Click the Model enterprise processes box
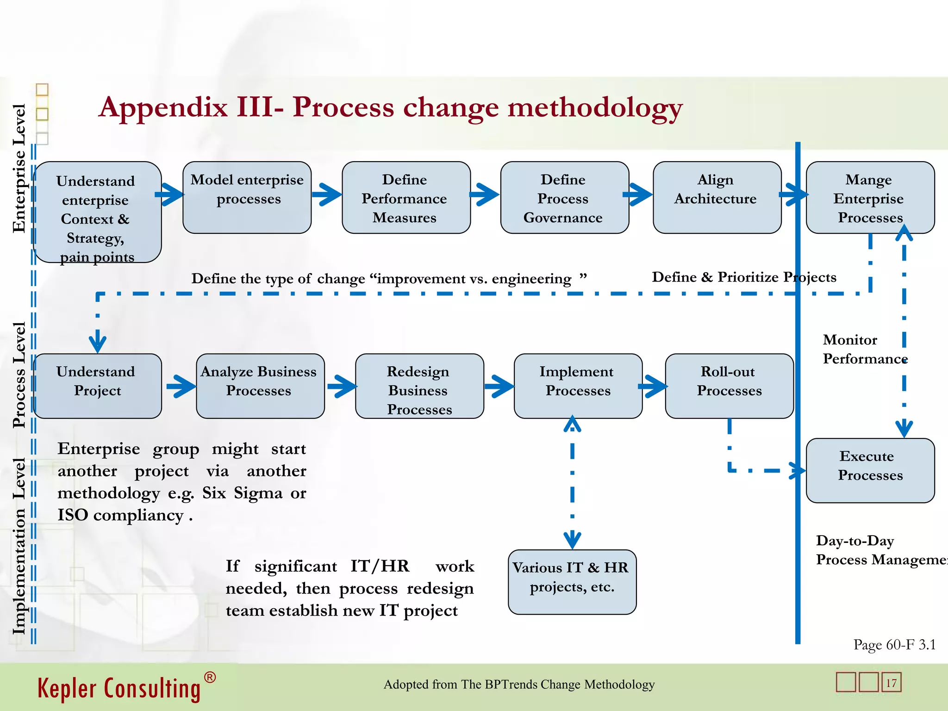coord(247,197)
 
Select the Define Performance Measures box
coord(406,197)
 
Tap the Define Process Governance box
coord(564,197)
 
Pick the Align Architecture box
coord(717,197)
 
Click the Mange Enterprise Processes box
coord(870,197)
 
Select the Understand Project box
coord(97,386)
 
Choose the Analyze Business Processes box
coord(260,386)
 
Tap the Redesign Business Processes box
coord(419,386)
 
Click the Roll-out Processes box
coord(729,386)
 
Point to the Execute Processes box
coord(870,470)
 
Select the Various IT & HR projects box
coord(572,581)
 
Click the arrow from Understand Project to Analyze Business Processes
coord(181,386)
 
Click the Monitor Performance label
coord(864,349)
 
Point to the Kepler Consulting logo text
coord(119,688)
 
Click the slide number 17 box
coord(891,682)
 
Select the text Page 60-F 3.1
coord(894,644)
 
